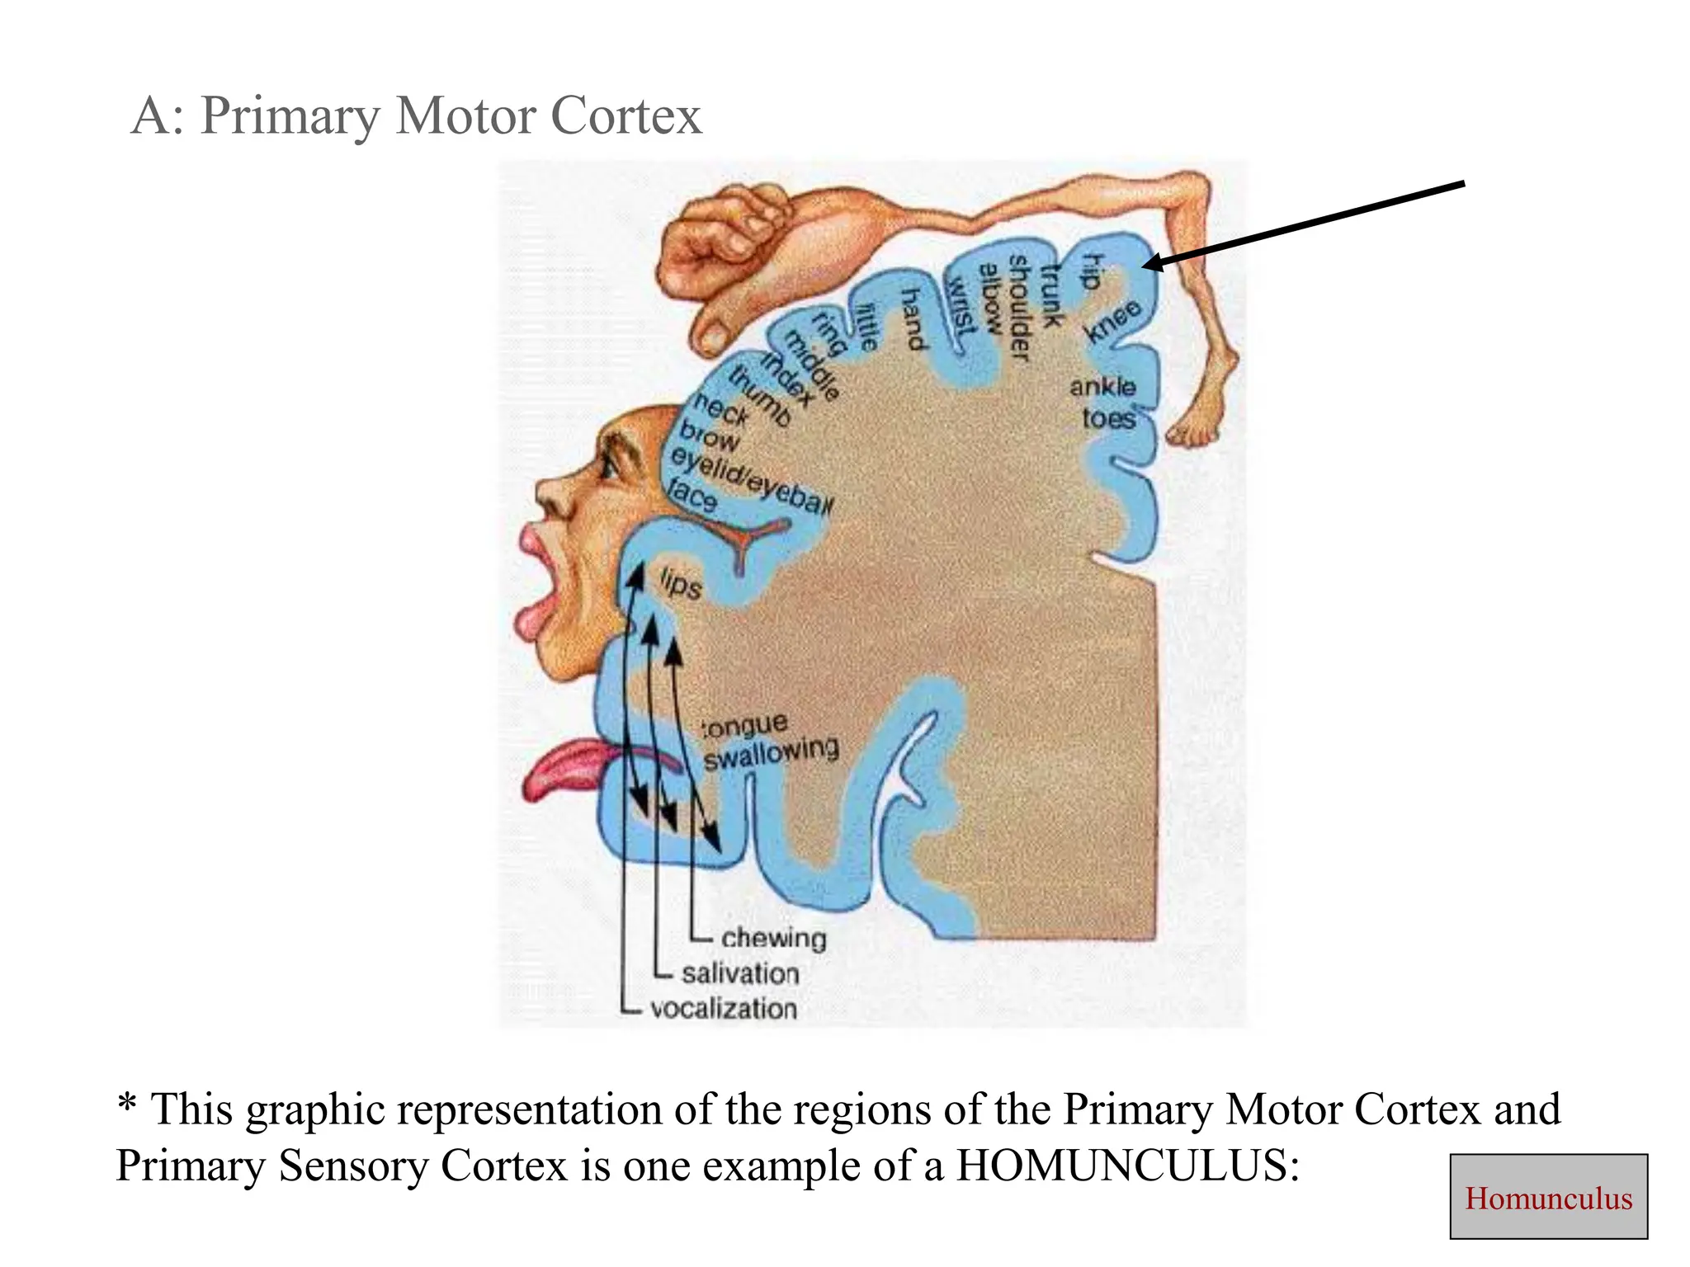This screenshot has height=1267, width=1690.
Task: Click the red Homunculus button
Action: (1548, 1197)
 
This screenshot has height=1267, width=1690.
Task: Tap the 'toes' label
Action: (1109, 418)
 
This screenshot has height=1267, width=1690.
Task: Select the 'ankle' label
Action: (1102, 386)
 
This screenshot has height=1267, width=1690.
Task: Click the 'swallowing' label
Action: (771, 752)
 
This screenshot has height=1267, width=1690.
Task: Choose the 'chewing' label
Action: (773, 938)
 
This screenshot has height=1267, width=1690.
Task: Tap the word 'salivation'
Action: (740, 973)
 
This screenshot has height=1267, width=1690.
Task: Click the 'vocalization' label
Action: (723, 1008)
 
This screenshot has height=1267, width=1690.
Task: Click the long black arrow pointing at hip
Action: (1304, 223)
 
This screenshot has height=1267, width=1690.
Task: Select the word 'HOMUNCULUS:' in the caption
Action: (1127, 1166)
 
